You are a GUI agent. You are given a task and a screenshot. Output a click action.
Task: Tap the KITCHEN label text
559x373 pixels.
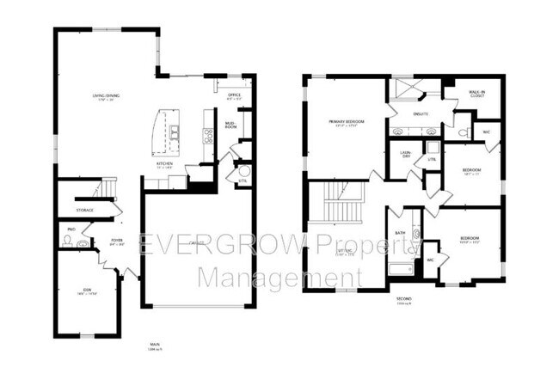click(164, 162)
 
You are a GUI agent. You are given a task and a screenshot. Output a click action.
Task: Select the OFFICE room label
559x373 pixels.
click(233, 95)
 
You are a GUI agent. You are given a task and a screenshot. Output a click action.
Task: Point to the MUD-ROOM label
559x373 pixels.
click(230, 125)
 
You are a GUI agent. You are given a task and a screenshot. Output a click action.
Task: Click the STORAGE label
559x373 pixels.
click(83, 210)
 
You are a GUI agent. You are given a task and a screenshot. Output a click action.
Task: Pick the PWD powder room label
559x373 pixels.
click(71, 229)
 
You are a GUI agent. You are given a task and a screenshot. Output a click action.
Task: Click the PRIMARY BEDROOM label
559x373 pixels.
click(347, 122)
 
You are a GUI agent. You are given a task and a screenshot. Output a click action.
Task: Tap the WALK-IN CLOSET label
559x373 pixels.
click(476, 93)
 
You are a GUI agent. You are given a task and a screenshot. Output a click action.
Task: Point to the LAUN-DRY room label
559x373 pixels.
click(405, 156)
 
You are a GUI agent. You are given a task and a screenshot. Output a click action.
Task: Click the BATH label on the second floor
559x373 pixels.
click(400, 232)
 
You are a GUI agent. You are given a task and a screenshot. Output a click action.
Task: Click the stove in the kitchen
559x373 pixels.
click(208, 134)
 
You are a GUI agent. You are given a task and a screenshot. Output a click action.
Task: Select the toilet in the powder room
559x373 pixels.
click(82, 244)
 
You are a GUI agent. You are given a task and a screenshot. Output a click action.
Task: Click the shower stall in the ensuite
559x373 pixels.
click(404, 89)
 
